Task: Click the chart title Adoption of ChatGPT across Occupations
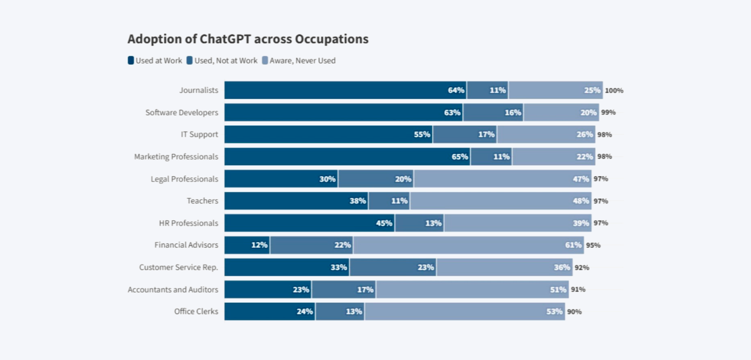click(248, 39)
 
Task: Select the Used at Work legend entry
click(155, 61)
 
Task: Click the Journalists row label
click(199, 90)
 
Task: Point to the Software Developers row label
click(181, 112)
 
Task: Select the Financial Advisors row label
click(186, 245)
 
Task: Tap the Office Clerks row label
click(196, 311)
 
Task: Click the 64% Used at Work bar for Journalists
click(345, 90)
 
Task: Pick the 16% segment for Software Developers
click(493, 112)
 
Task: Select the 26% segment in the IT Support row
click(546, 135)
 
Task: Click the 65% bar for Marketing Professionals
click(347, 157)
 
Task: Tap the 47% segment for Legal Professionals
click(502, 179)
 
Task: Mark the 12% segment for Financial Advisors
click(247, 245)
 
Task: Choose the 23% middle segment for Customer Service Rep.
click(393, 267)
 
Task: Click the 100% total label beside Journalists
click(614, 90)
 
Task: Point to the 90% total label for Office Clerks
click(574, 311)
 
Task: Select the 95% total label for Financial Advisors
click(593, 245)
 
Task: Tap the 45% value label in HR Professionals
click(384, 223)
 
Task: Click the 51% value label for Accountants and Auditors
click(558, 290)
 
